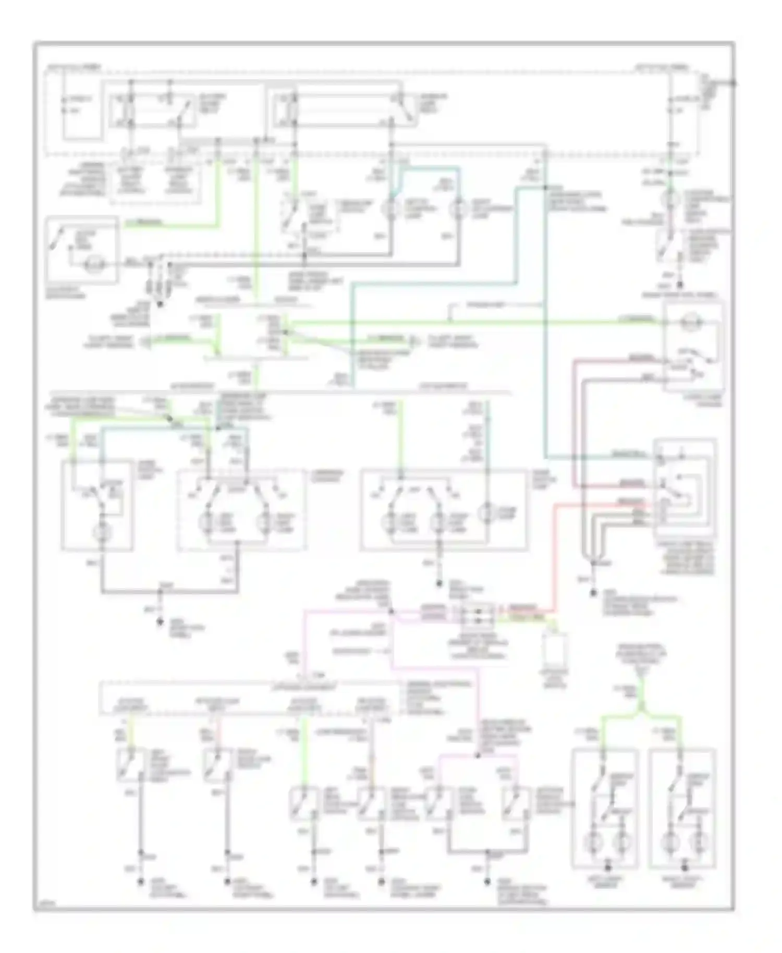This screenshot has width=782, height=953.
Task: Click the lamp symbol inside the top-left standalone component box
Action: pyautogui.click(x=94, y=264)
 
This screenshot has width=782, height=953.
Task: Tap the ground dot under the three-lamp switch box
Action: pyautogui.click(x=439, y=583)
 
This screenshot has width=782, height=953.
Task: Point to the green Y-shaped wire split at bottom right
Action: pyautogui.click(x=642, y=712)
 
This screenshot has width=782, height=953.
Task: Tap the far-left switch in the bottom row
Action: pyautogui.click(x=130, y=766)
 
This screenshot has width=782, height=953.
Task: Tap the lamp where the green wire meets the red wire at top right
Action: pyautogui.click(x=672, y=199)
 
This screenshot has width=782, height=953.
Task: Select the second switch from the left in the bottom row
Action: pyautogui.click(x=217, y=766)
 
